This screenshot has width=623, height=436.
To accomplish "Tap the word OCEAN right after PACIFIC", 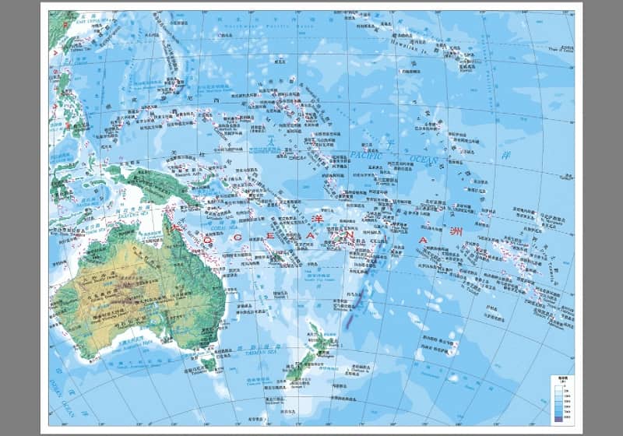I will pos(424,161).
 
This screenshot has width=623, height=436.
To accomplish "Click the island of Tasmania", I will pos(207,362).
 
